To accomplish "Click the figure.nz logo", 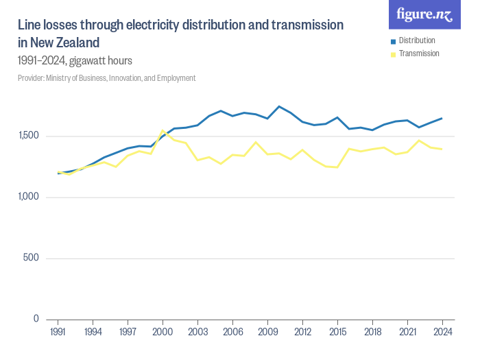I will coord(424,14).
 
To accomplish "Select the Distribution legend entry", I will coord(416,40).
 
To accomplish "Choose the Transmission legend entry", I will coord(418,53).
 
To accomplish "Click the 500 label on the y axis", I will coord(32,259).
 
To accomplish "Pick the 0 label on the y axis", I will coord(36,319).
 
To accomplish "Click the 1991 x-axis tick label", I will coord(58,331).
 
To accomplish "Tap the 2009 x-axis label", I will coord(267,331).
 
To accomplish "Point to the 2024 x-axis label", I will coord(442,331).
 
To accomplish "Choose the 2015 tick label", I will coord(337,331).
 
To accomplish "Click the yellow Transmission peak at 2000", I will coord(163,130).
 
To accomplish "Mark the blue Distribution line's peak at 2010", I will coord(279,106).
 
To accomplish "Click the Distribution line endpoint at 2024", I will coord(442,119).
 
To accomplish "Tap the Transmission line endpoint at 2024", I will coord(442,149).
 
